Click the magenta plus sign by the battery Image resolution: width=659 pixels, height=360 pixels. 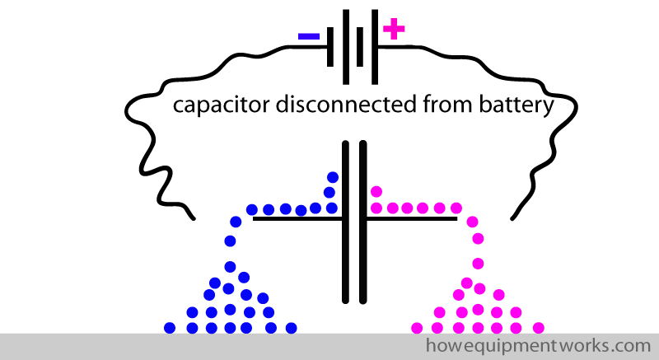coord(395,30)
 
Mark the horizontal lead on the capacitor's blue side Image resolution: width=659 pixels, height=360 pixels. coord(297,219)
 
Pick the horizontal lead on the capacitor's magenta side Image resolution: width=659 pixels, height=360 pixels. coord(412,219)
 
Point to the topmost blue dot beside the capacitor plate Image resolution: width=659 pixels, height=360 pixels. coord(333,177)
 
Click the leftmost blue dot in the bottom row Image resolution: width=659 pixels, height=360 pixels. coord(170,327)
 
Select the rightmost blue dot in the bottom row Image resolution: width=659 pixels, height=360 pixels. coord(290,327)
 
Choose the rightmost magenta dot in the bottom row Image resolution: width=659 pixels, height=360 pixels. coord(538,327)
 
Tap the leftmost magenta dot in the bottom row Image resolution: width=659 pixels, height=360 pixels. coord(418,327)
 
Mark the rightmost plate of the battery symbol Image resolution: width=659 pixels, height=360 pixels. coord(376,47)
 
